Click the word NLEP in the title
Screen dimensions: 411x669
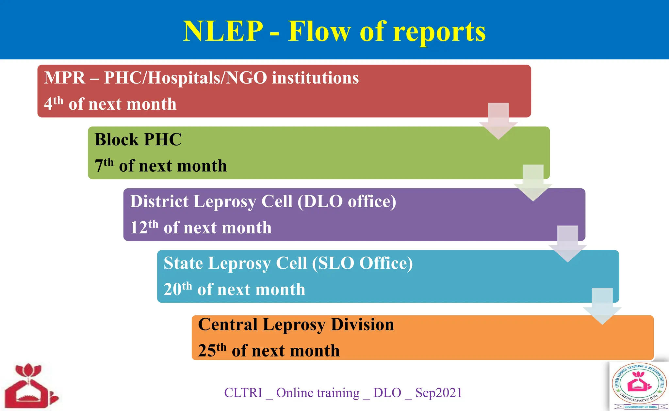pyautogui.click(x=223, y=31)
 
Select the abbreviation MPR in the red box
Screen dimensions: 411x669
pyautogui.click(x=65, y=78)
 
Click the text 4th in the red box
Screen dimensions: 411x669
pyautogui.click(x=54, y=103)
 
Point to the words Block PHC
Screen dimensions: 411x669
pyautogui.click(x=138, y=140)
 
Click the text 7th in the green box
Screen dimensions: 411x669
pyautogui.click(x=104, y=165)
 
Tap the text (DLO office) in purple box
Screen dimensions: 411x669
pyautogui.click(x=347, y=201)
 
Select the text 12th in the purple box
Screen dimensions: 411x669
pyautogui.click(x=144, y=227)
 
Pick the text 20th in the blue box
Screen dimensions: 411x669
pyautogui.click(x=177, y=289)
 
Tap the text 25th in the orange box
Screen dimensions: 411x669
pyautogui.click(x=212, y=350)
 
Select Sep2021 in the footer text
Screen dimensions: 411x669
pyautogui.click(x=438, y=393)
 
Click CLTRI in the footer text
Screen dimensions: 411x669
pyautogui.click(x=243, y=393)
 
